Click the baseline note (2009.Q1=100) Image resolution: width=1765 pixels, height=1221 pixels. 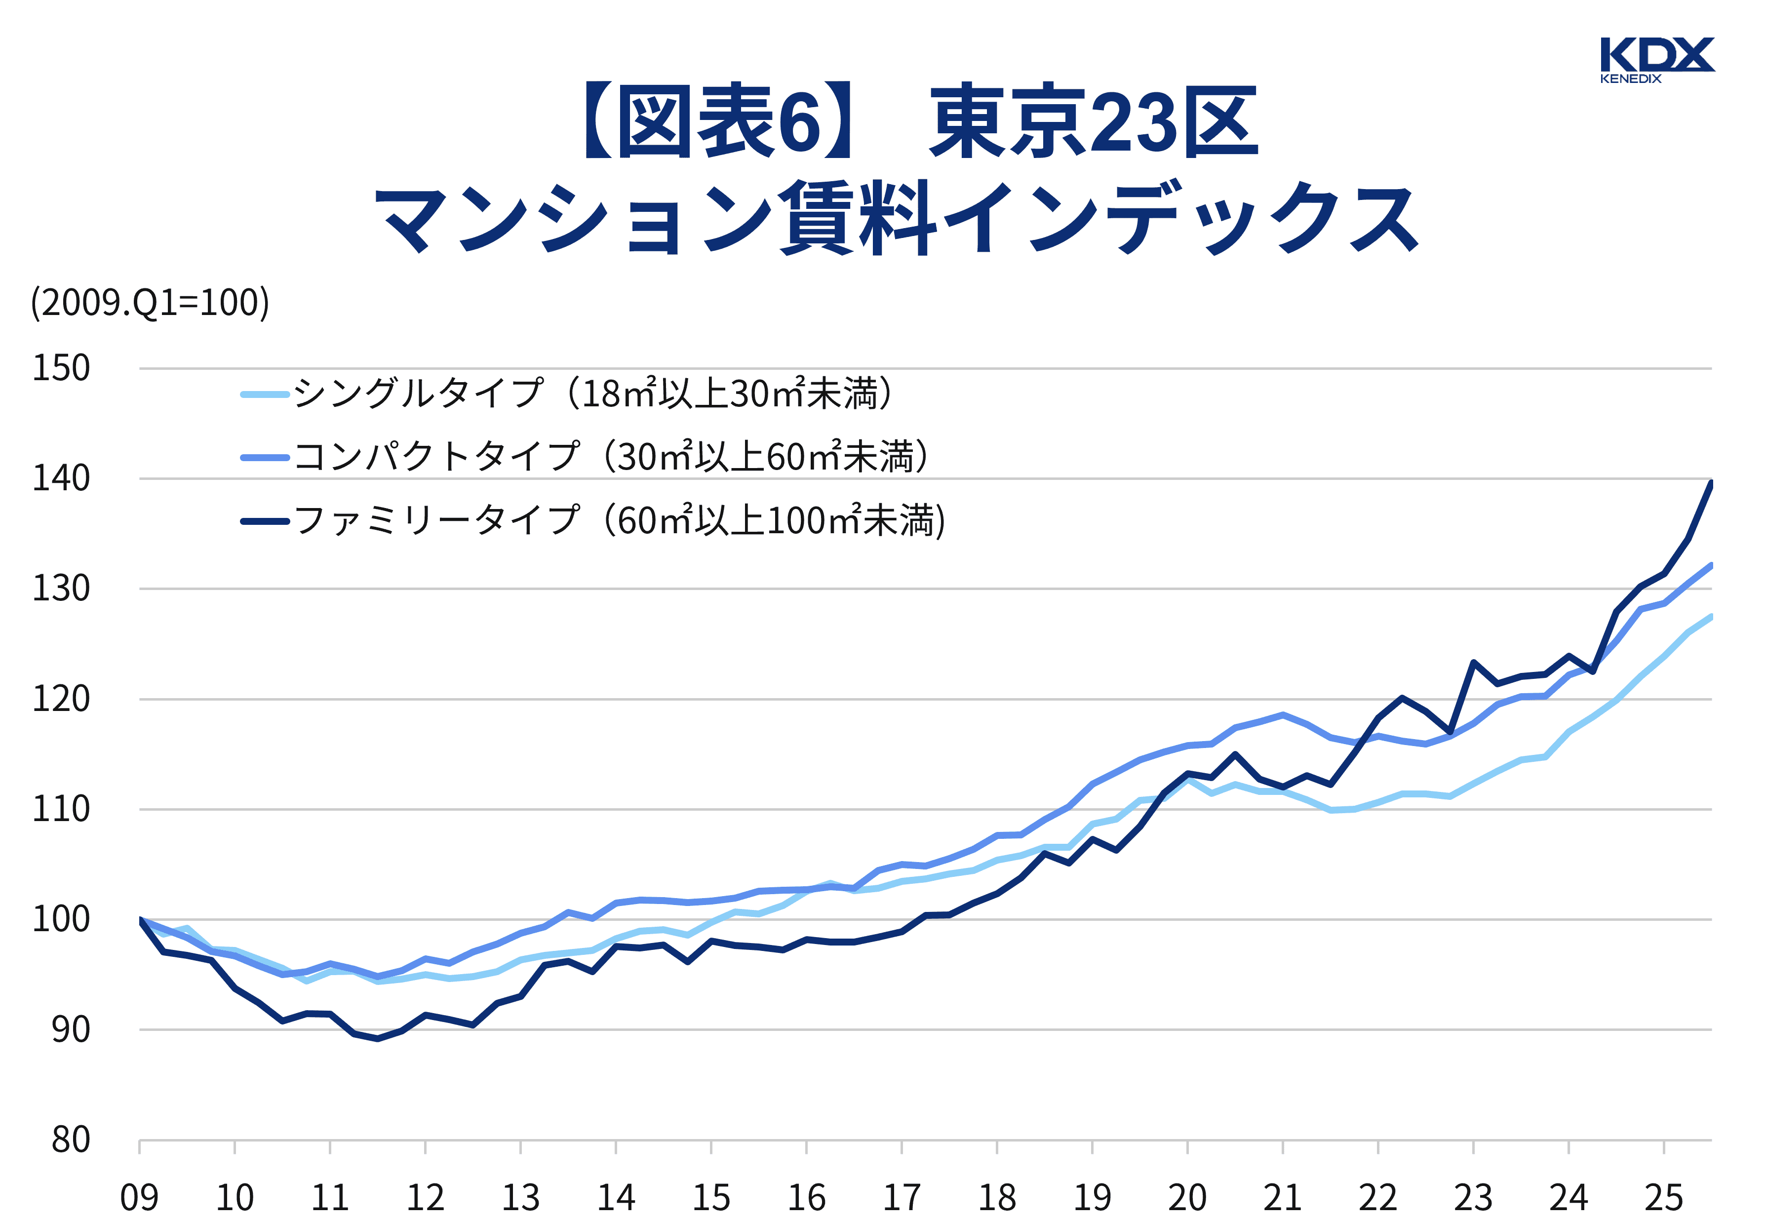click(x=150, y=303)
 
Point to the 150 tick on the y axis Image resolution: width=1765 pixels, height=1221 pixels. click(x=61, y=368)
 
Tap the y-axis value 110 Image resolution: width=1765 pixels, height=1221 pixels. click(x=61, y=809)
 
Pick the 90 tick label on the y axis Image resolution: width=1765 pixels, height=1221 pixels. click(x=71, y=1030)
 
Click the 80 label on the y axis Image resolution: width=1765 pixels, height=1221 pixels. click(x=71, y=1140)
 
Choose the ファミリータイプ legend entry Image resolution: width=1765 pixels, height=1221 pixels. click(x=619, y=521)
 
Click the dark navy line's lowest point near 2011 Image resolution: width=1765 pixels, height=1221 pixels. click(x=377, y=1039)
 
